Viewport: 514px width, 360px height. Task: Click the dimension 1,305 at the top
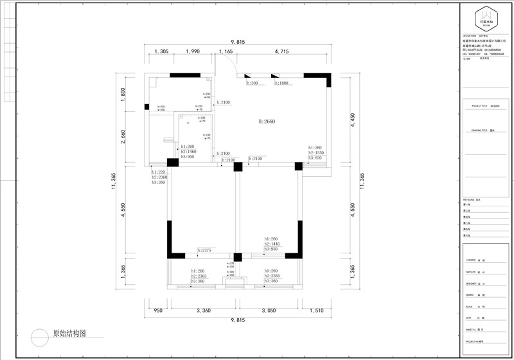pyautogui.click(x=162, y=51)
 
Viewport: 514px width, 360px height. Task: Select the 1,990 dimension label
pyautogui.click(x=192, y=51)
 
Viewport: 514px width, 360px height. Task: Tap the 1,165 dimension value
pyautogui.click(x=226, y=51)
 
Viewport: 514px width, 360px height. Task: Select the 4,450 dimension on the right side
pyautogui.click(x=351, y=121)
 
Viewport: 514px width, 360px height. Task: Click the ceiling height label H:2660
pyautogui.click(x=267, y=121)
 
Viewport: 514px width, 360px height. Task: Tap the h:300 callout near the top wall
pyautogui.click(x=253, y=84)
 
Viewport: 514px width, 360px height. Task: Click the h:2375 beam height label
pyautogui.click(x=205, y=250)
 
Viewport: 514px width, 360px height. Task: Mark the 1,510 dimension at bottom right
pyautogui.click(x=317, y=310)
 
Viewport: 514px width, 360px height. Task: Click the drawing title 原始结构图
pyautogui.click(x=69, y=334)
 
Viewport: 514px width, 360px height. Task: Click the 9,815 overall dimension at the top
pyautogui.click(x=236, y=42)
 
